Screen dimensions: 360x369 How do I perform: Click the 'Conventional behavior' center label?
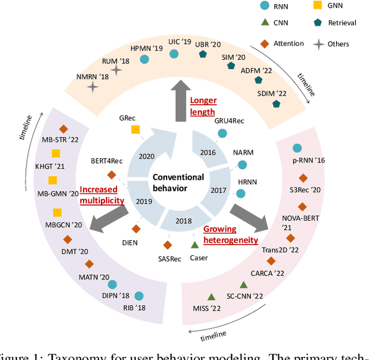pyautogui.click(x=179, y=182)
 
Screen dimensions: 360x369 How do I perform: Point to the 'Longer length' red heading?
pyautogui.click(x=203, y=107)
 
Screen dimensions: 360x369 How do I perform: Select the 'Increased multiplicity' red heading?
pyautogui.click(x=102, y=195)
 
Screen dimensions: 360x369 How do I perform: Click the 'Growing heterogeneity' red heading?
pyautogui.click(x=231, y=234)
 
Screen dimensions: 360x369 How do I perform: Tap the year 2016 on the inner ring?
pyautogui.click(x=207, y=153)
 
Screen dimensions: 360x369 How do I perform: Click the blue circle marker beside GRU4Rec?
pyautogui.click(x=222, y=134)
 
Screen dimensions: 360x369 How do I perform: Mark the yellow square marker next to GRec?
pyautogui.click(x=135, y=130)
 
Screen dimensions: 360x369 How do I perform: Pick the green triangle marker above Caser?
pyautogui.click(x=195, y=244)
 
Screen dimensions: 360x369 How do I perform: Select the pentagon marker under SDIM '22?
pyautogui.click(x=277, y=104)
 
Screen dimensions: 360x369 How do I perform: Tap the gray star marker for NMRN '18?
pyautogui.click(x=92, y=87)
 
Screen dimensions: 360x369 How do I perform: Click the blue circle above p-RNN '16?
pyautogui.click(x=297, y=149)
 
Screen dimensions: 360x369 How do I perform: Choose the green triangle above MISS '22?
pyautogui.click(x=211, y=297)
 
